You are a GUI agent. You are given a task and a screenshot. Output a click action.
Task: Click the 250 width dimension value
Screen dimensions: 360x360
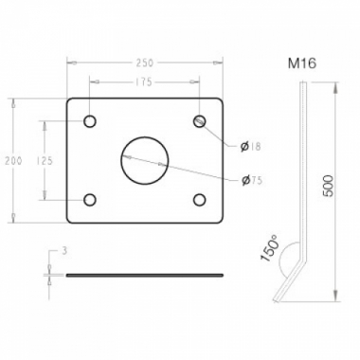pyautogui.click(x=144, y=63)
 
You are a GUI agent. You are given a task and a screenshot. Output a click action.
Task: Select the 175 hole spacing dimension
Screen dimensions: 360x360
pyautogui.click(x=144, y=82)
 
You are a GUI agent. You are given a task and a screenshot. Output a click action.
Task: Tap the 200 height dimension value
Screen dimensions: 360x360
pyautogui.click(x=13, y=161)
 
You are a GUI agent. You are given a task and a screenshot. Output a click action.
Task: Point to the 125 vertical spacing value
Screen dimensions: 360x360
pyautogui.click(x=45, y=161)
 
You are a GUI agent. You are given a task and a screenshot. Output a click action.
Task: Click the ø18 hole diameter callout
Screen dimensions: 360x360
pyautogui.click(x=250, y=146)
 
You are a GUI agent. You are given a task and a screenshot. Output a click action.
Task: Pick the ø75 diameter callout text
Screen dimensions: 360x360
pyautogui.click(x=251, y=180)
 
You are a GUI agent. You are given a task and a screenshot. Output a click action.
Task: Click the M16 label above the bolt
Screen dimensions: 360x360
pyautogui.click(x=302, y=63)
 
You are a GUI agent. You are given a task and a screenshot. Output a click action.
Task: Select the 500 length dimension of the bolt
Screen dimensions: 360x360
pyautogui.click(x=329, y=186)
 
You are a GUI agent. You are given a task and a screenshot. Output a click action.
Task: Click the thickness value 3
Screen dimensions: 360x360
pyautogui.click(x=64, y=252)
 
